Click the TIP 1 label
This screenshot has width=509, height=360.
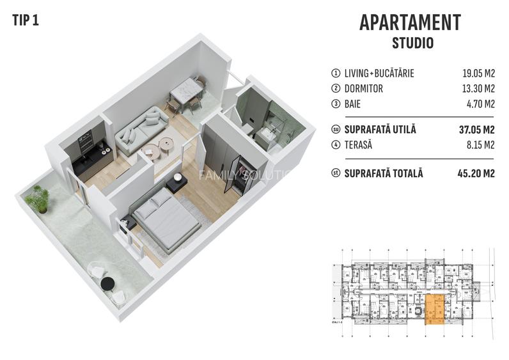point(26,20)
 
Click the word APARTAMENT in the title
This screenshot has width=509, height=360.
point(410,22)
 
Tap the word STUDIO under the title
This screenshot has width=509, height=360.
point(412,43)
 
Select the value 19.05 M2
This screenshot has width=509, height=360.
point(478,74)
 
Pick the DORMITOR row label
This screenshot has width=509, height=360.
point(363,89)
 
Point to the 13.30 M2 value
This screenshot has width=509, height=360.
point(478,89)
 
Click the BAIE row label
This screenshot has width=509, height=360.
point(354,104)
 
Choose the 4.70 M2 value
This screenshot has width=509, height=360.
point(481,104)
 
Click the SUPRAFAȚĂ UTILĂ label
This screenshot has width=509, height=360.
point(380,129)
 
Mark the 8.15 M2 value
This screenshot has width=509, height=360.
point(481,145)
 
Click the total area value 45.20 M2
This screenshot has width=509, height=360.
point(477,173)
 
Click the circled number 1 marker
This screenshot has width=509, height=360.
point(334,74)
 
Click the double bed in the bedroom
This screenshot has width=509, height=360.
point(167,221)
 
